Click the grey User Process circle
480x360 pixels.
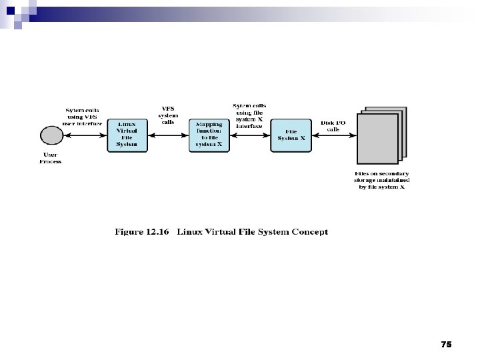tap(51, 135)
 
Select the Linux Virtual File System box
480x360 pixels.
tap(127, 135)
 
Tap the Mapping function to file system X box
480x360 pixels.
tap(209, 135)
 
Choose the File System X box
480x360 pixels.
tap(291, 135)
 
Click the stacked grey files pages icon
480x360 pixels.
tap(381, 137)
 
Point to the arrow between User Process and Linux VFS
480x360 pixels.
tap(84, 135)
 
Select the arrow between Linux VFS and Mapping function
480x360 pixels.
tap(168, 135)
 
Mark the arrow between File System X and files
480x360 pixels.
tap(333, 135)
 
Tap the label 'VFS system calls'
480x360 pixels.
tap(168, 114)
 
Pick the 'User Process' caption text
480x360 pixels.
tap(51, 158)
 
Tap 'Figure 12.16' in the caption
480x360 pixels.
tap(141, 232)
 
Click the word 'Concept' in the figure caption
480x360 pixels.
tap(307, 232)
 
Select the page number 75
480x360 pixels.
tap(446, 344)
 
